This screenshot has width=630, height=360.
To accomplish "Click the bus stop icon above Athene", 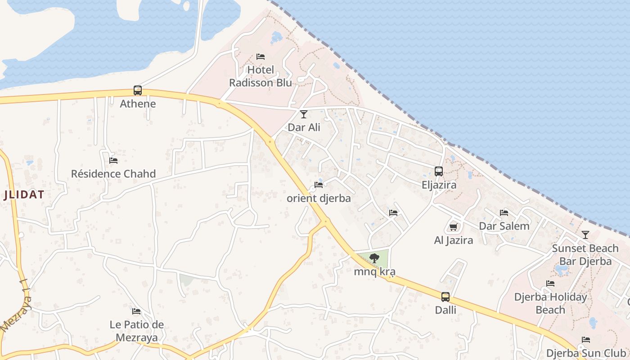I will click(x=138, y=90).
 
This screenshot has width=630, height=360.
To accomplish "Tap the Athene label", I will click(x=138, y=104).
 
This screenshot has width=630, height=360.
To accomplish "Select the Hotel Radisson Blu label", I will click(x=261, y=76).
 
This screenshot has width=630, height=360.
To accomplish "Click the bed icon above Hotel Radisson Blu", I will click(x=261, y=57).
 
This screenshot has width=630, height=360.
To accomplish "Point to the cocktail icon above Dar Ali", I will click(x=304, y=114).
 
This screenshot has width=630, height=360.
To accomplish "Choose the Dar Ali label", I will click(x=304, y=127).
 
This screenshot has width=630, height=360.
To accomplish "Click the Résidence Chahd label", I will click(x=113, y=174).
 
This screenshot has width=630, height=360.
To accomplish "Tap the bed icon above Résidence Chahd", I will click(x=113, y=160).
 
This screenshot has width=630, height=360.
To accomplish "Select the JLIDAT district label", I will click(x=24, y=195).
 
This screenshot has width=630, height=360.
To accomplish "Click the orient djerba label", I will click(x=319, y=198).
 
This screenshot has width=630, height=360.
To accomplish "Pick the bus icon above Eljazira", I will click(x=439, y=171).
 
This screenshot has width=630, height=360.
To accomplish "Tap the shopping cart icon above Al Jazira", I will click(x=454, y=227).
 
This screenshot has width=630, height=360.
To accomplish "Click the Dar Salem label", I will click(x=504, y=226).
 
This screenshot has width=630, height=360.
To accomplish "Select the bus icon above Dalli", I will click(x=445, y=297).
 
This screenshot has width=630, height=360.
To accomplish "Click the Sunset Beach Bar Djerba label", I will click(x=585, y=255).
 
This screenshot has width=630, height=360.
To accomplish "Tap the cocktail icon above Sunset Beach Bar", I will click(x=585, y=235).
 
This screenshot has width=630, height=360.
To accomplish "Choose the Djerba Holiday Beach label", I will click(x=550, y=303).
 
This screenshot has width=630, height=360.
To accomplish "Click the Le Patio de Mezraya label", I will click(x=137, y=331).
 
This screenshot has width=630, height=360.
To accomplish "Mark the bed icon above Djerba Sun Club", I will click(x=585, y=340).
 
